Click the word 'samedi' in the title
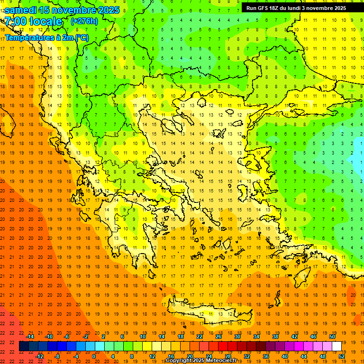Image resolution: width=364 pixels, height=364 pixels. click(23, 10)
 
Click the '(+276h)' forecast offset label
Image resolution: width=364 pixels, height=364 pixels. click(84, 21)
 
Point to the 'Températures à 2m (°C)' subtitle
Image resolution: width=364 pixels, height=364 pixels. click(46, 37)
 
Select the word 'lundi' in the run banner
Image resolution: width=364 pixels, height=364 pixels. click(301, 8)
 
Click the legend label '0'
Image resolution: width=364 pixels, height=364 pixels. click(94, 356)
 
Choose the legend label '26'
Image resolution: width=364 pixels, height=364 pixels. click(218, 337)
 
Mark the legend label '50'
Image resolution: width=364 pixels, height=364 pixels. click(332, 337)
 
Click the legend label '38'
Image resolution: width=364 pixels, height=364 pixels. click(275, 337)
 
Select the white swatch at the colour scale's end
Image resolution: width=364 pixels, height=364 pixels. click(337, 346)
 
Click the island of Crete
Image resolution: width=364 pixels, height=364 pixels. click(209, 314)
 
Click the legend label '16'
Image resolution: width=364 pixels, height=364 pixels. click(171, 356)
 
